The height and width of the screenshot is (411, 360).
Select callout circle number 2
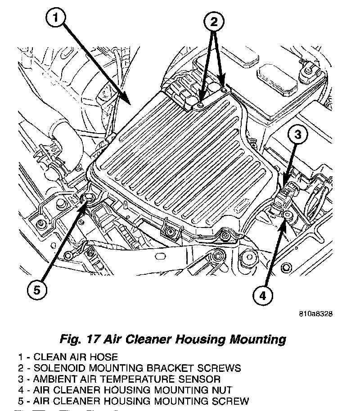pos(214,21)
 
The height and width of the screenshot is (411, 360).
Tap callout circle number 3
pos(298,134)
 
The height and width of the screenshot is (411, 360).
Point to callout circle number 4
pos(264,295)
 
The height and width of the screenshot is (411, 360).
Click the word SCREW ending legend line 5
pos(232,401)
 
